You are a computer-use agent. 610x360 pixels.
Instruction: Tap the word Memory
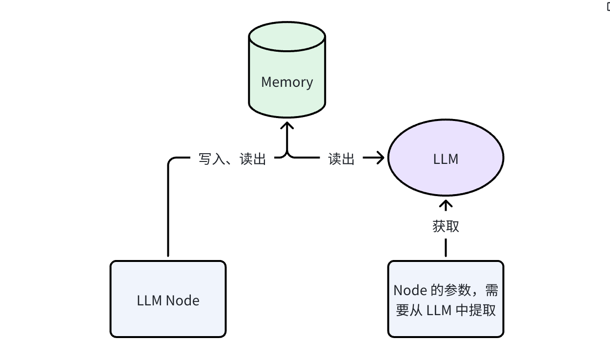tap(287, 82)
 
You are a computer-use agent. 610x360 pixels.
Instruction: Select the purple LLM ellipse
tap(446, 159)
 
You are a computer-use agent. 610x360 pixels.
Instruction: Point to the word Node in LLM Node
tap(183, 300)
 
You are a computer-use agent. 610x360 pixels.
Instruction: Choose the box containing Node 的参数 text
tap(446, 299)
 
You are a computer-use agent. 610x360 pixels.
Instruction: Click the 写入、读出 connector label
tap(232, 159)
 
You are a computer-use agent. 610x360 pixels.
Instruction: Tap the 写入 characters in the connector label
tap(210, 159)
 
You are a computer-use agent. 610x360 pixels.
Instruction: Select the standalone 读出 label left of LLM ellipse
tap(341, 159)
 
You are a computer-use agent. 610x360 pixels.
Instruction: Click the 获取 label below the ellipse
tap(446, 226)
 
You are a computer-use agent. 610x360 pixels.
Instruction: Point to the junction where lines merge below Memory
tap(287, 155)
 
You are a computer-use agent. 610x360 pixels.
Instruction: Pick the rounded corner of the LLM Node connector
tap(171, 161)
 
